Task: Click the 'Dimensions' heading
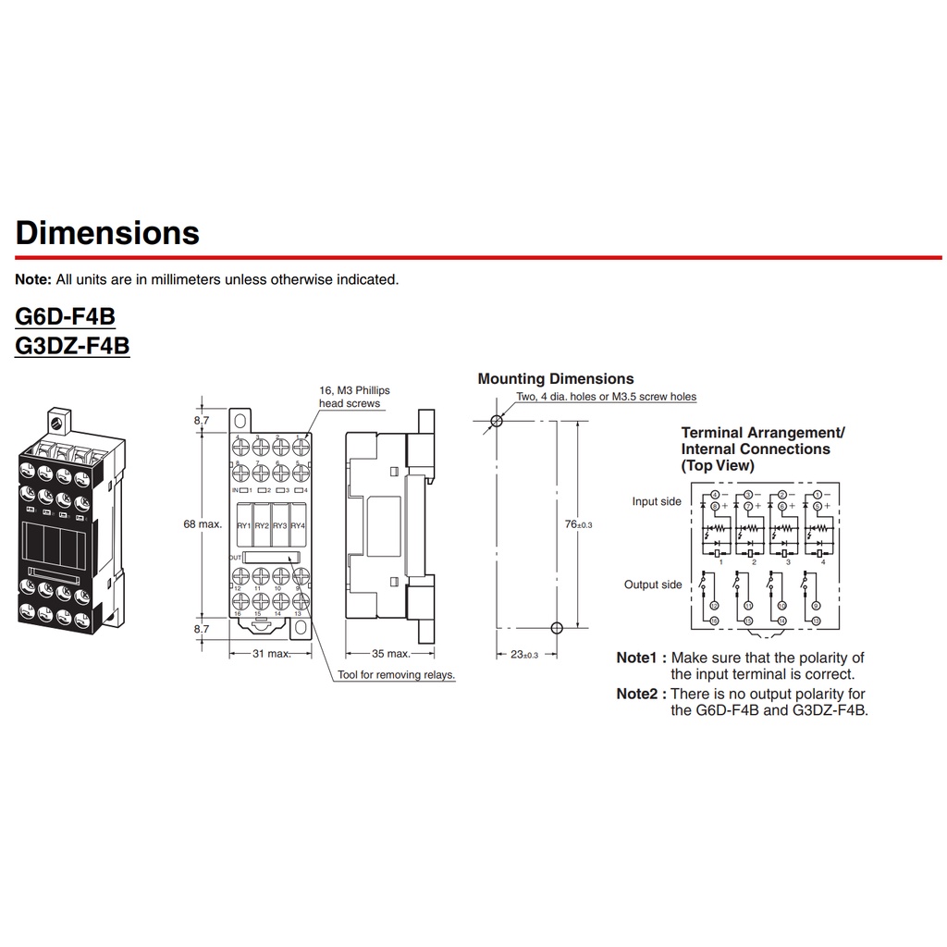pos(107,232)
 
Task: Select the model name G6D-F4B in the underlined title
pos(65,316)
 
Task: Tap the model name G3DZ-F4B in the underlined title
pos(72,345)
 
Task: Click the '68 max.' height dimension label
pos(203,524)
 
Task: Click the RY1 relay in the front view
pos(244,525)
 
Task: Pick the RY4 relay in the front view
pos(298,525)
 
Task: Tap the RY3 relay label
pos(280,525)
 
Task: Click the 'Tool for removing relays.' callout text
pos(397,675)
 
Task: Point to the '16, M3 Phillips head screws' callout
pos(354,397)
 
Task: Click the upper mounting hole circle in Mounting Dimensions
pos(497,421)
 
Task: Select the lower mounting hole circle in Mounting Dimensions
pos(556,628)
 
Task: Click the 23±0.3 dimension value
pos(523,654)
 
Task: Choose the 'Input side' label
pos(657,501)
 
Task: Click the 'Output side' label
pos(654,584)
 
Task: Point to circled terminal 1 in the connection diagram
pos(817,495)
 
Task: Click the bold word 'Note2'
pos(641,694)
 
